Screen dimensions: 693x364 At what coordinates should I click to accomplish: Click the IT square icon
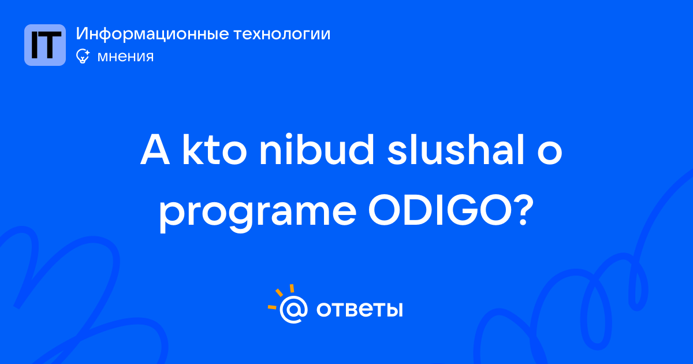[x=45, y=45]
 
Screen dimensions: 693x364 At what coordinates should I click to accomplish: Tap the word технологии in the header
[x=282, y=34]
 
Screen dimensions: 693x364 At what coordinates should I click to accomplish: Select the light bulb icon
[x=83, y=56]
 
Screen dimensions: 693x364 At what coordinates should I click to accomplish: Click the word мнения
[x=125, y=57]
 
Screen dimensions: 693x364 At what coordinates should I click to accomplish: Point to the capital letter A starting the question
[x=155, y=150]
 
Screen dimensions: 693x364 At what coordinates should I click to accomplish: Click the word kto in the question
[x=214, y=149]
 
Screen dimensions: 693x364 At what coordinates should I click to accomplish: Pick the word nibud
[x=317, y=149]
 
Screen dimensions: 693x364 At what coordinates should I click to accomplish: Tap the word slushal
[x=456, y=149]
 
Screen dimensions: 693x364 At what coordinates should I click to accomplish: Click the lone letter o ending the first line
[x=549, y=154]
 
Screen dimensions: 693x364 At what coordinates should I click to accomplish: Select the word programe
[x=258, y=214]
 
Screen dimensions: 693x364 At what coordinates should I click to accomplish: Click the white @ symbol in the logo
[x=293, y=309]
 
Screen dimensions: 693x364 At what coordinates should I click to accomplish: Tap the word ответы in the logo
[x=359, y=309]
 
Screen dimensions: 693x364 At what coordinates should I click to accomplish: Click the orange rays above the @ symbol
[x=280, y=296]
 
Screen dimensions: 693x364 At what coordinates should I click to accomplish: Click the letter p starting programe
[x=173, y=217]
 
